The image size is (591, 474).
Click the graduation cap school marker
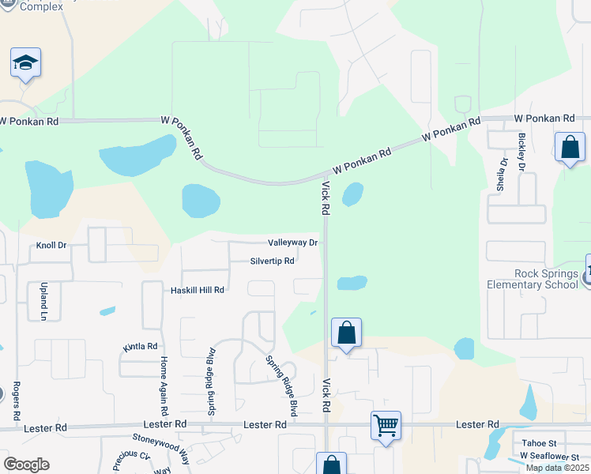(x=25, y=63)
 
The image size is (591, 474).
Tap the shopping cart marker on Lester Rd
(x=386, y=426)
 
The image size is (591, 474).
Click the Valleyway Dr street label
(x=292, y=243)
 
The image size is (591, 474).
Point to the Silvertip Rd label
(x=272, y=261)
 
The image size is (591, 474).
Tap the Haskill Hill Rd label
(x=198, y=290)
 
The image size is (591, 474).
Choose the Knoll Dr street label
(x=51, y=246)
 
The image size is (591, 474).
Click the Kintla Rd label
(x=141, y=346)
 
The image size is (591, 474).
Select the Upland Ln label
(x=43, y=300)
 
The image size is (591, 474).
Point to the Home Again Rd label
(x=164, y=385)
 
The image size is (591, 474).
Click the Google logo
(x=25, y=465)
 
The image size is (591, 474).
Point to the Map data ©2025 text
(x=557, y=468)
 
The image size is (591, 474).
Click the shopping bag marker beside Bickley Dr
(x=569, y=147)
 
